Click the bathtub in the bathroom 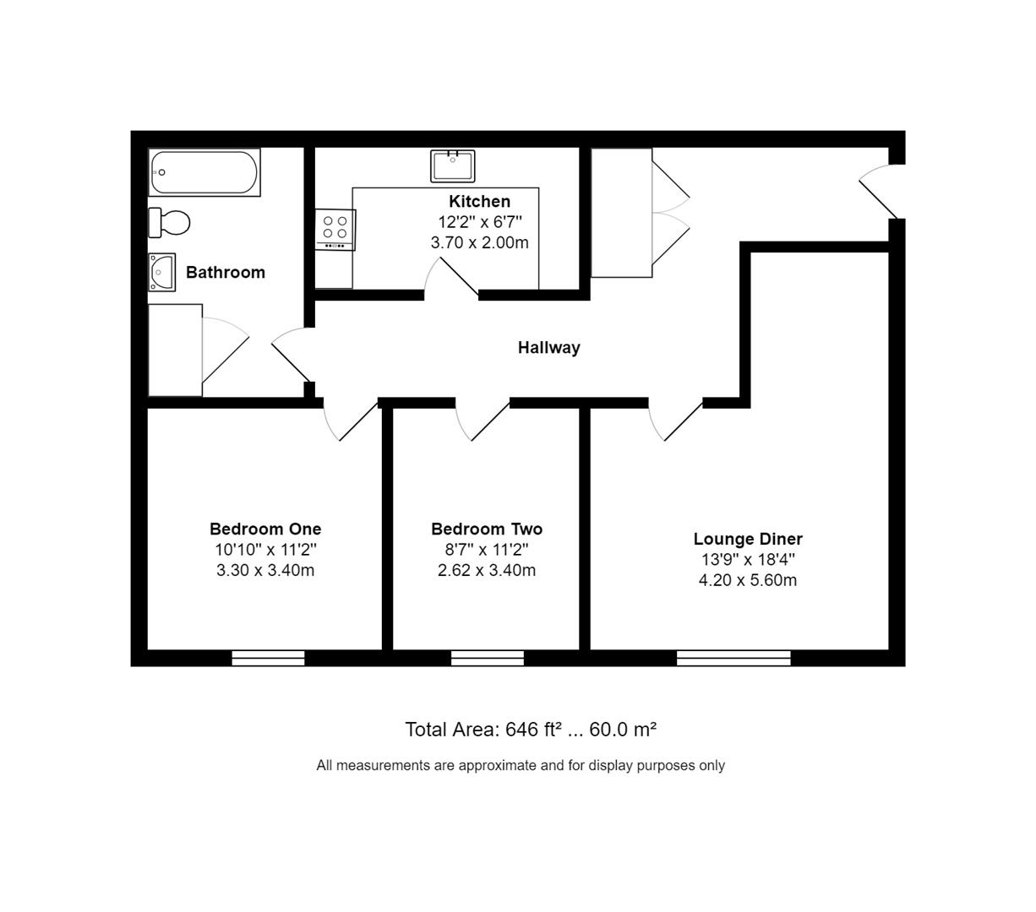click(204, 172)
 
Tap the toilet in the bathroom click(169, 223)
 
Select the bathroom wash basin click(161, 272)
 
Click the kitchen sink click(453, 166)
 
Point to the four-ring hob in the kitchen click(335, 230)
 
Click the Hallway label click(548, 348)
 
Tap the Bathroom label click(226, 272)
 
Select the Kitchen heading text click(479, 201)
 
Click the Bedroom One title click(265, 529)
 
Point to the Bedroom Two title click(487, 529)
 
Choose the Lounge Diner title click(748, 539)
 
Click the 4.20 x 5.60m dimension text click(748, 580)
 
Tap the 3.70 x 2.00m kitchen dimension click(479, 242)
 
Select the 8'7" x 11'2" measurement click(487, 549)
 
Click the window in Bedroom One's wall click(268, 658)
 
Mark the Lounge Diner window click(733, 658)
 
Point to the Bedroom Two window click(488, 658)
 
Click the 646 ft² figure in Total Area click(531, 730)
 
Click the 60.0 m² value click(623, 730)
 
